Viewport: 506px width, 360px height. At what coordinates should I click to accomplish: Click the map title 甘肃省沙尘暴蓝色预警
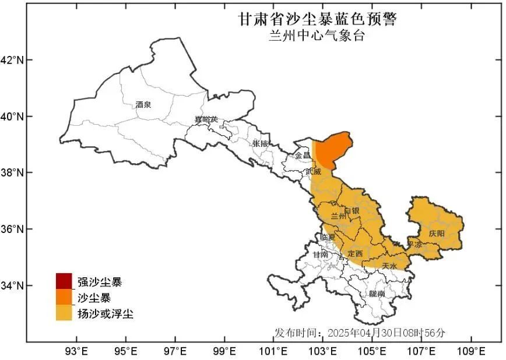click(x=317, y=19)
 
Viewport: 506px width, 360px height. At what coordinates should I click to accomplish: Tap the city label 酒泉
click(x=143, y=105)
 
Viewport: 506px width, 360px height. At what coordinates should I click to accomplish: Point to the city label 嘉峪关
click(x=206, y=119)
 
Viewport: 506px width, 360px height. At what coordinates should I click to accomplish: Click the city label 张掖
click(x=261, y=143)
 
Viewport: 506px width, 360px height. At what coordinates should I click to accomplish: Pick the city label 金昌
click(x=303, y=156)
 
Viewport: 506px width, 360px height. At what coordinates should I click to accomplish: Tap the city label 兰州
click(x=338, y=216)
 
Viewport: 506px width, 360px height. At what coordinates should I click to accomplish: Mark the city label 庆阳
click(x=437, y=233)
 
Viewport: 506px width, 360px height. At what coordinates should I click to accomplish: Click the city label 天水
click(x=389, y=266)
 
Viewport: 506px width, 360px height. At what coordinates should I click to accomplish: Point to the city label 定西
click(x=355, y=253)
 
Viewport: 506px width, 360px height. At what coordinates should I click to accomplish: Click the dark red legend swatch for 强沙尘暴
click(x=64, y=281)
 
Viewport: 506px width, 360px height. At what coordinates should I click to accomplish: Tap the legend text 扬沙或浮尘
click(x=106, y=314)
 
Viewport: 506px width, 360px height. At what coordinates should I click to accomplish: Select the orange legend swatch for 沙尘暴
click(x=64, y=298)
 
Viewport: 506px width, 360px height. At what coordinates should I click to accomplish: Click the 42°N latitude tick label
click(x=12, y=60)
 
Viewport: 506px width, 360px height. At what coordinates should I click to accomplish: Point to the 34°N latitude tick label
click(x=12, y=285)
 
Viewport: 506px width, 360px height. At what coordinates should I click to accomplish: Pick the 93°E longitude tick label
click(x=76, y=351)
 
